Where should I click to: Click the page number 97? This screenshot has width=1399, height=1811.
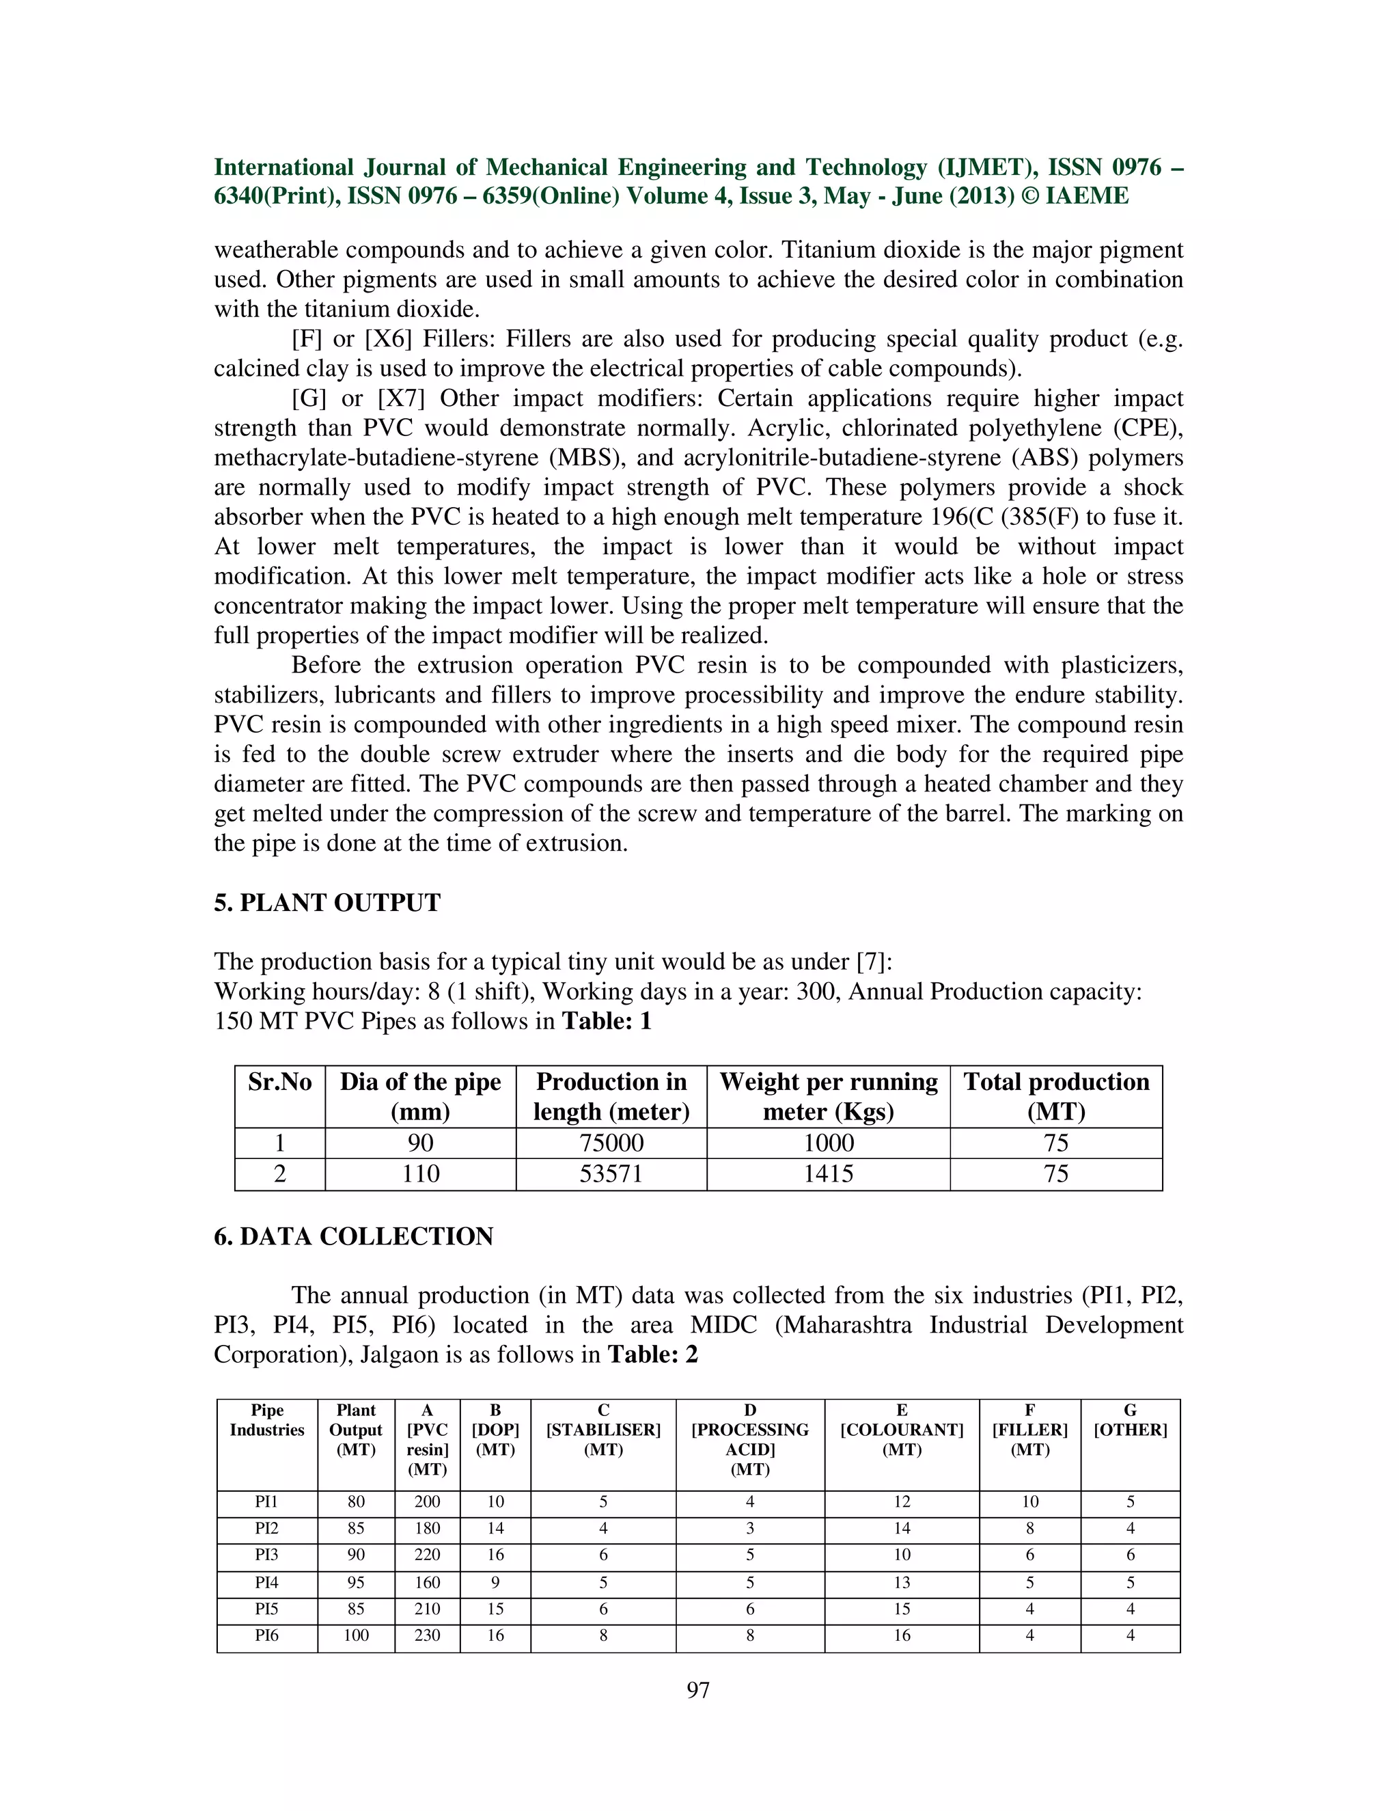point(698,1690)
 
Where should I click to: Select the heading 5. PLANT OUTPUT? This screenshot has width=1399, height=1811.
point(327,903)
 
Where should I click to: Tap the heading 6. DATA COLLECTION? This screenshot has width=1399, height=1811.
point(353,1236)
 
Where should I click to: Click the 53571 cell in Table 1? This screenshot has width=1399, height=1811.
point(611,1174)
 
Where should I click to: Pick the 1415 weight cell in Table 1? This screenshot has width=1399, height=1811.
point(828,1174)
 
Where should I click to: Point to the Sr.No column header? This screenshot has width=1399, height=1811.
point(279,1082)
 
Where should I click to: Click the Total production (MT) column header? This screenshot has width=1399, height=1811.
point(1056,1096)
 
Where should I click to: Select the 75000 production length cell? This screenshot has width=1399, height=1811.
point(611,1143)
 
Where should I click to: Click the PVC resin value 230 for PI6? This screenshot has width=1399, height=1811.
point(427,1636)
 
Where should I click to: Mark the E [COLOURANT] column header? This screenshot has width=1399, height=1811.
point(902,1430)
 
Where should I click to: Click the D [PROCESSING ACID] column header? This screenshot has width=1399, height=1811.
point(750,1439)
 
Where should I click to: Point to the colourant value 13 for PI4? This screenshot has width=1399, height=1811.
point(902,1583)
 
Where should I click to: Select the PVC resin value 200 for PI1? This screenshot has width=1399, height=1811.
point(427,1501)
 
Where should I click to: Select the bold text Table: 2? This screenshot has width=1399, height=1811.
point(653,1355)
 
